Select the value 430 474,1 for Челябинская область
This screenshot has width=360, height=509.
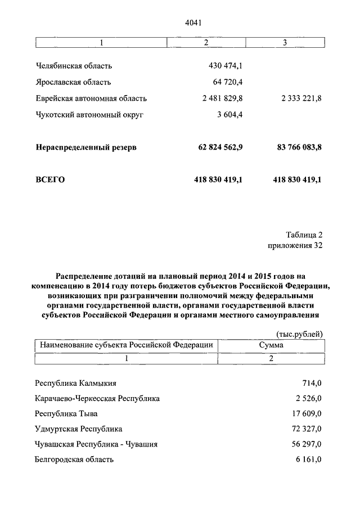[225, 66]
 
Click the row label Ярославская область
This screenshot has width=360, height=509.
[76, 82]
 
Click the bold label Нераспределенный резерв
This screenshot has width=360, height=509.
[86, 147]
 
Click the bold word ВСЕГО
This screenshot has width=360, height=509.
[51, 180]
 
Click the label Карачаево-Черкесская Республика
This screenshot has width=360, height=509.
[97, 398]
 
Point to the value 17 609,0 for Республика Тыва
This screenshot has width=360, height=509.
[306, 413]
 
